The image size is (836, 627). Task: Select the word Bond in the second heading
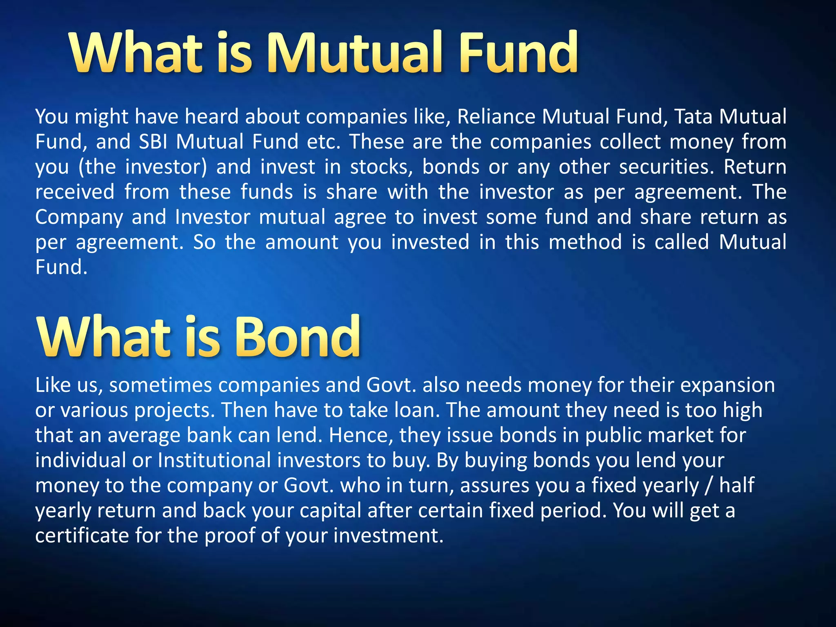pyautogui.click(x=298, y=337)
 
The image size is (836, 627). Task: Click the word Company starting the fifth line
pyautogui.click(x=79, y=218)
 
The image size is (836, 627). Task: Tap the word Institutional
pyautogui.click(x=214, y=460)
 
